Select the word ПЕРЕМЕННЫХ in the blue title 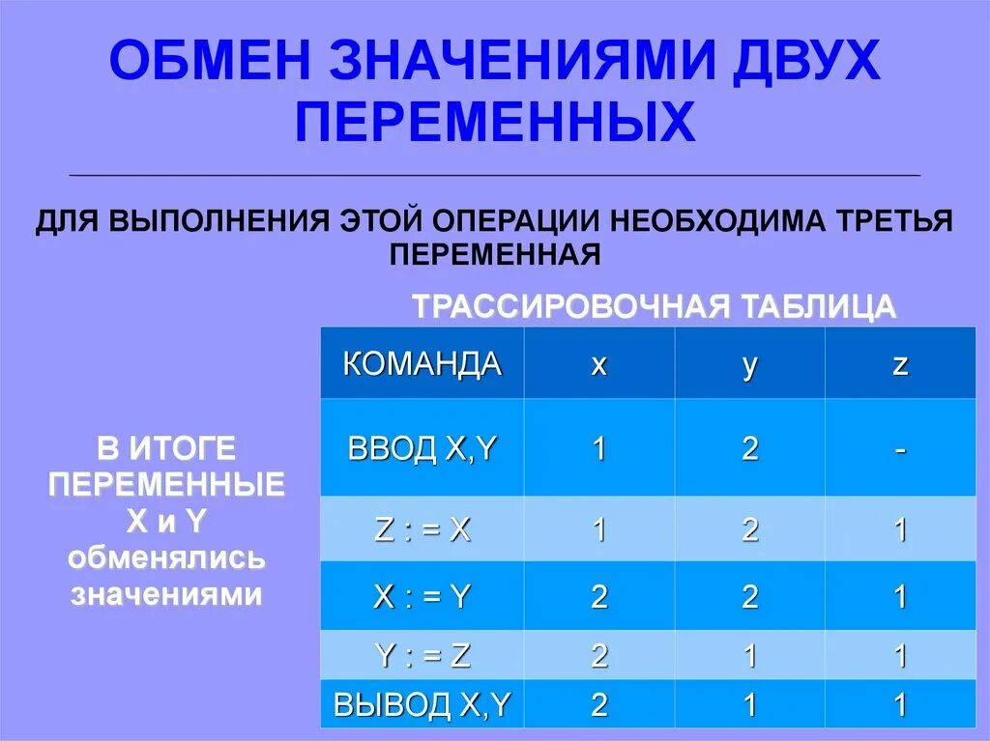(495, 123)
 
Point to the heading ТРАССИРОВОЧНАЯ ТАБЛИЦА (655, 307)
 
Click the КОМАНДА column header (422, 364)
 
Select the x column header (599, 365)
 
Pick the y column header (749, 365)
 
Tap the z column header (900, 365)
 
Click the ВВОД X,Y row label (422, 449)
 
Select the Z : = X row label (422, 530)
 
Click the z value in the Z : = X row (900, 530)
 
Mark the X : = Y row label (422, 596)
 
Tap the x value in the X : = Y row (599, 597)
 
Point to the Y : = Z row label (422, 656)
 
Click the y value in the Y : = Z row (749, 657)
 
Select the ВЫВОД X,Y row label (422, 704)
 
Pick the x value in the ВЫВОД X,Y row (599, 705)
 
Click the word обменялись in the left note (166, 558)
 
